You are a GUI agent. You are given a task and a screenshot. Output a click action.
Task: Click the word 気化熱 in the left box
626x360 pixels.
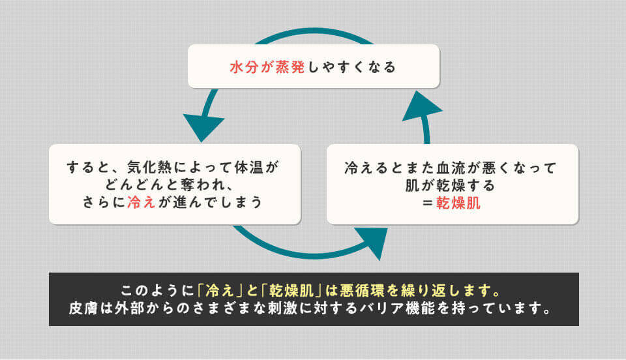coord(149,168)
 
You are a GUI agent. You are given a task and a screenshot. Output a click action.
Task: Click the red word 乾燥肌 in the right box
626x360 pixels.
coord(458,202)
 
